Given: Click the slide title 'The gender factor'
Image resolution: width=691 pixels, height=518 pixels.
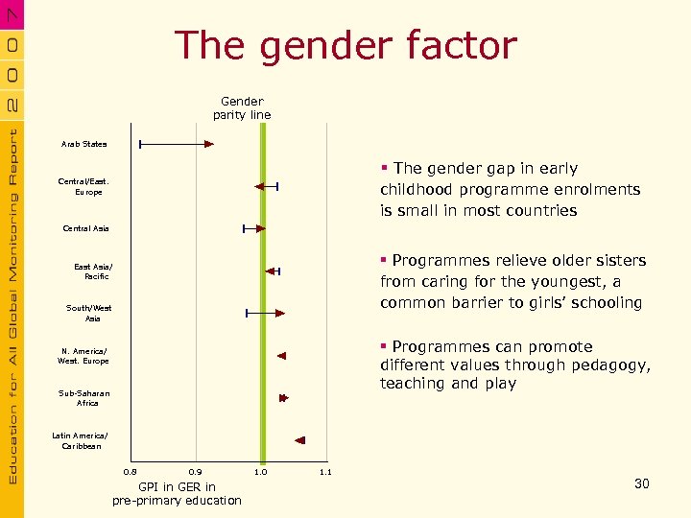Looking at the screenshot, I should click(x=345, y=45).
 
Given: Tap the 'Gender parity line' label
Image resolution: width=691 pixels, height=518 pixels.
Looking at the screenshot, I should click(x=242, y=108).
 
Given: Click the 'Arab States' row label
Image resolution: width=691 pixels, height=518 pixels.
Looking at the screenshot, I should click(x=85, y=144).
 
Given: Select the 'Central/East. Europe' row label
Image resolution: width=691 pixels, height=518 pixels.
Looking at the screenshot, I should click(x=84, y=186).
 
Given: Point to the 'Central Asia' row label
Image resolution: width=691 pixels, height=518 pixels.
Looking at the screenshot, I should click(x=85, y=228).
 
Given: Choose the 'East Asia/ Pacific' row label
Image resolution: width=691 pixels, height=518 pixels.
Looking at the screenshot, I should click(x=93, y=271).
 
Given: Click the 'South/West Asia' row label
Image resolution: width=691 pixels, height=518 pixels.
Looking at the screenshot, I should click(x=89, y=313).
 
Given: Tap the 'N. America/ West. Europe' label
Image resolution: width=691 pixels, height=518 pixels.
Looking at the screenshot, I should click(x=83, y=356).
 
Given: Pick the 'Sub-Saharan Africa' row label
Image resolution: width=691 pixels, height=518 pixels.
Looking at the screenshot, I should click(x=84, y=398).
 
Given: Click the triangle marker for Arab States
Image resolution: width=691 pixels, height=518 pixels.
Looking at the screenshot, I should click(x=208, y=144).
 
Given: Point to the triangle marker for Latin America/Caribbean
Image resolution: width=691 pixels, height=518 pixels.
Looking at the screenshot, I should click(x=299, y=440).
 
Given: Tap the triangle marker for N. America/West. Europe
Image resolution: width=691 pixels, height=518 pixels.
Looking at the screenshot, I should click(x=281, y=356).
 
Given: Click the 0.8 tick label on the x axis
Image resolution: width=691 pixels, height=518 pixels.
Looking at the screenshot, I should click(x=131, y=472).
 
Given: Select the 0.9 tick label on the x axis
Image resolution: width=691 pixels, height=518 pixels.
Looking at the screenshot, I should click(x=196, y=472).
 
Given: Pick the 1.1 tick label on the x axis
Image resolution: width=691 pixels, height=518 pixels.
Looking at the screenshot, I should click(x=324, y=472).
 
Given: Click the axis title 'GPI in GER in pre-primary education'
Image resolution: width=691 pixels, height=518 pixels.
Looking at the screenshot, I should click(x=177, y=494).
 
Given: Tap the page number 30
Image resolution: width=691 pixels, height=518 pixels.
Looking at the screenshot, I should click(x=642, y=483).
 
